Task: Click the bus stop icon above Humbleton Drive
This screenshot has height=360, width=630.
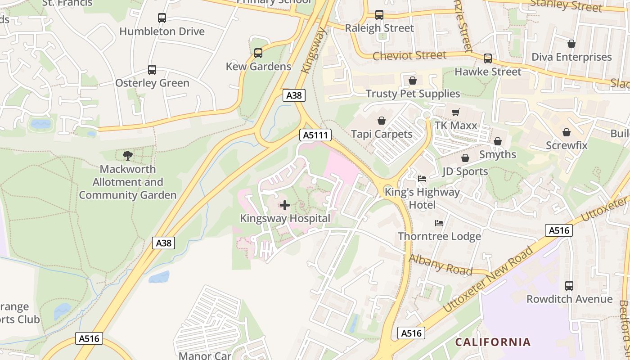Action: (x=162, y=18)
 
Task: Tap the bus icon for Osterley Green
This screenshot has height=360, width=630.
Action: (x=152, y=70)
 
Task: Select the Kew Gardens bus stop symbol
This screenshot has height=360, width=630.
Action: (x=258, y=53)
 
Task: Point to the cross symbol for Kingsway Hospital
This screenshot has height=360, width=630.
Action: (x=285, y=206)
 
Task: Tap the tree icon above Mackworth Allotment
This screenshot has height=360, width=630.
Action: (x=128, y=156)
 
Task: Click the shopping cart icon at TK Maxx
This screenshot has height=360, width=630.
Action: (x=456, y=112)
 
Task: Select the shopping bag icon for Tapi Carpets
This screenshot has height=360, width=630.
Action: (x=382, y=121)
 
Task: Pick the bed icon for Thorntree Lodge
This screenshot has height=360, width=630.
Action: (x=439, y=223)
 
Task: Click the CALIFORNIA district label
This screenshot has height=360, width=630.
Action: (x=493, y=342)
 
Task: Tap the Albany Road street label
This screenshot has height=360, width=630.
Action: (x=441, y=265)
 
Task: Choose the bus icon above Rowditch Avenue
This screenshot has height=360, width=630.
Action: (x=569, y=286)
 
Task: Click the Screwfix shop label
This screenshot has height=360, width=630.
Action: (x=567, y=145)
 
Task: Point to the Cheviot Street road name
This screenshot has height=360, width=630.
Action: (x=409, y=56)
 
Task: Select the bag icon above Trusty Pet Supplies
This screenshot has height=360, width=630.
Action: (x=413, y=81)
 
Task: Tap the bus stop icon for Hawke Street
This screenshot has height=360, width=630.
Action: (x=488, y=58)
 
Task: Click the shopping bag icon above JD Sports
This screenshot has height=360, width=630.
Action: (x=465, y=158)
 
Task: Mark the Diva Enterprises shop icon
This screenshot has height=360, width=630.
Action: (x=571, y=44)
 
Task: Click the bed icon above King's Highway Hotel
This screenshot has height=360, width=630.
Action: (x=422, y=179)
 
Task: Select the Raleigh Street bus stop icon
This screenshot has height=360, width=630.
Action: (x=379, y=15)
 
